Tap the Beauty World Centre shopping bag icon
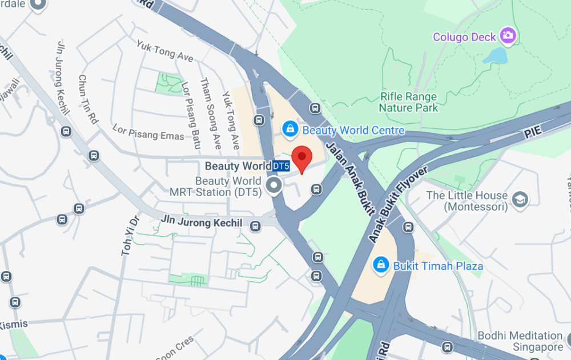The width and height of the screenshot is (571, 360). click(x=290, y=130)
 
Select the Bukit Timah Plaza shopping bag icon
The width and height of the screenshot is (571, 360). click(x=380, y=265)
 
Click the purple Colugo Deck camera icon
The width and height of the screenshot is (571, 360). click(x=507, y=36)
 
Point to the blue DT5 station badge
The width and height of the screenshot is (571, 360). click(x=281, y=166)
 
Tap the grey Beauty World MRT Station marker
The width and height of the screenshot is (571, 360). click(x=275, y=185)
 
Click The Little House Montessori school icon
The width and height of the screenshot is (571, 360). click(x=520, y=199)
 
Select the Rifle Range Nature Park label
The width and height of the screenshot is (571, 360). click(x=408, y=102)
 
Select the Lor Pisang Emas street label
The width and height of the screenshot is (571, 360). click(x=148, y=132)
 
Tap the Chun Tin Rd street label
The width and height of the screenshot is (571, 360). click(x=88, y=99)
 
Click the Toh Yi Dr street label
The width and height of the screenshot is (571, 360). click(x=130, y=234)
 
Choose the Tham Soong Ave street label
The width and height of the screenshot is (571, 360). click(x=208, y=113)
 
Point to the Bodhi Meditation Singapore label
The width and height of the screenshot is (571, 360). click(x=520, y=341)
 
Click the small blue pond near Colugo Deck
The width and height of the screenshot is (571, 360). click(x=494, y=55)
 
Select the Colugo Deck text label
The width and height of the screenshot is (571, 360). click(x=464, y=37)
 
